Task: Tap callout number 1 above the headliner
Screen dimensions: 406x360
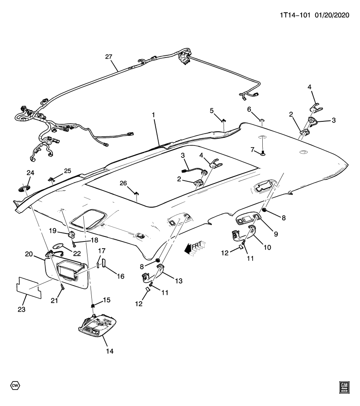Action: [x=154, y=115]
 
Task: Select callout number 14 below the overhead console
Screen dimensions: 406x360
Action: [x=110, y=351]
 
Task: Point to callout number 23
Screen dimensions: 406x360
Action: [x=22, y=310]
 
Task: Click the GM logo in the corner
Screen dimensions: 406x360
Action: [x=344, y=387]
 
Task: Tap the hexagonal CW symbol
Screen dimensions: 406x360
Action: [x=15, y=386]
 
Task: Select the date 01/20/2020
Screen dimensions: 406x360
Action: [x=332, y=15]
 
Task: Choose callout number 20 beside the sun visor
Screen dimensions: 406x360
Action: [x=29, y=254]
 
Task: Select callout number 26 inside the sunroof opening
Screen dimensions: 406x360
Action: [x=123, y=183]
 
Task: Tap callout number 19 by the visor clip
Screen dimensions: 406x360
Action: [x=52, y=231]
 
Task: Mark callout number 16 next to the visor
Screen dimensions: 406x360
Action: [x=121, y=276]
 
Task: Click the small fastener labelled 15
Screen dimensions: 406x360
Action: [x=92, y=305]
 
